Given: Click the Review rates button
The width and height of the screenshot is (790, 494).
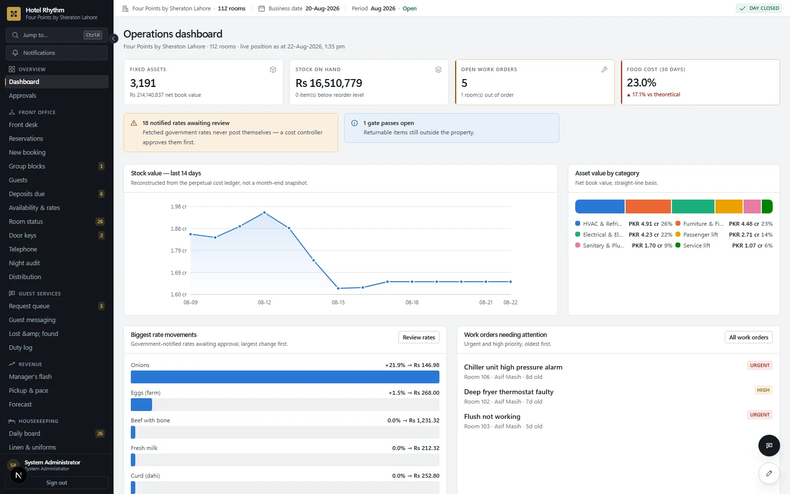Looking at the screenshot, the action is click(x=419, y=337).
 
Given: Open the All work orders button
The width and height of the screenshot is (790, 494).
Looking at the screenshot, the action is click(x=749, y=337).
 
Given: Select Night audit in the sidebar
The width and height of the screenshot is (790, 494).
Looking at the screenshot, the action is click(x=24, y=263).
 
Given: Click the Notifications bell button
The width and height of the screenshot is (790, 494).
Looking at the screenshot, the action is click(x=57, y=52).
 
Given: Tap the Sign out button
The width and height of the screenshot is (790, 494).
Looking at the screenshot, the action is click(x=56, y=482).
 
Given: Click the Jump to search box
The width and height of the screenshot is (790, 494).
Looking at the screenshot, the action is click(x=57, y=35).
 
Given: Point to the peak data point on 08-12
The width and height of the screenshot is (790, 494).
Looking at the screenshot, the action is click(x=265, y=213).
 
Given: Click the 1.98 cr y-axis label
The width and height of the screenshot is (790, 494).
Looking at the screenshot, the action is click(x=178, y=206).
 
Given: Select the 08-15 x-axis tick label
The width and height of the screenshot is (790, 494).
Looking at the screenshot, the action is click(x=338, y=302).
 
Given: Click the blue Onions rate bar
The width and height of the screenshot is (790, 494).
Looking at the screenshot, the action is click(x=285, y=377).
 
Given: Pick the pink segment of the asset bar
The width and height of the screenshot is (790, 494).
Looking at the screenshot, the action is click(x=752, y=206).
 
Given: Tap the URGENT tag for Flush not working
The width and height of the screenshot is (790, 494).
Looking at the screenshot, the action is click(x=760, y=414).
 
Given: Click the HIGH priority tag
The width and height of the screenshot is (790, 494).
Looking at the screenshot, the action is click(x=763, y=390).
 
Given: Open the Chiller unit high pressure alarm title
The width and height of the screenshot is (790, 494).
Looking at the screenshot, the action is click(x=513, y=367).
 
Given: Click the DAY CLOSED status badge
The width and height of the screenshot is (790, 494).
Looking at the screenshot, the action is click(x=759, y=8).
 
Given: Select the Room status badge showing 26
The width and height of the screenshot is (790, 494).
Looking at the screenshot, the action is click(x=100, y=222).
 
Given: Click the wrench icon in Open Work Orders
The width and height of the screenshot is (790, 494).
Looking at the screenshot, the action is click(x=604, y=70).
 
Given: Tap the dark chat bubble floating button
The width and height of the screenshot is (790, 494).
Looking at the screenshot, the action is click(x=769, y=445).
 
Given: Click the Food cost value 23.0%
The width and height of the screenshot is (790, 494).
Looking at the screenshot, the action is click(x=641, y=82).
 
